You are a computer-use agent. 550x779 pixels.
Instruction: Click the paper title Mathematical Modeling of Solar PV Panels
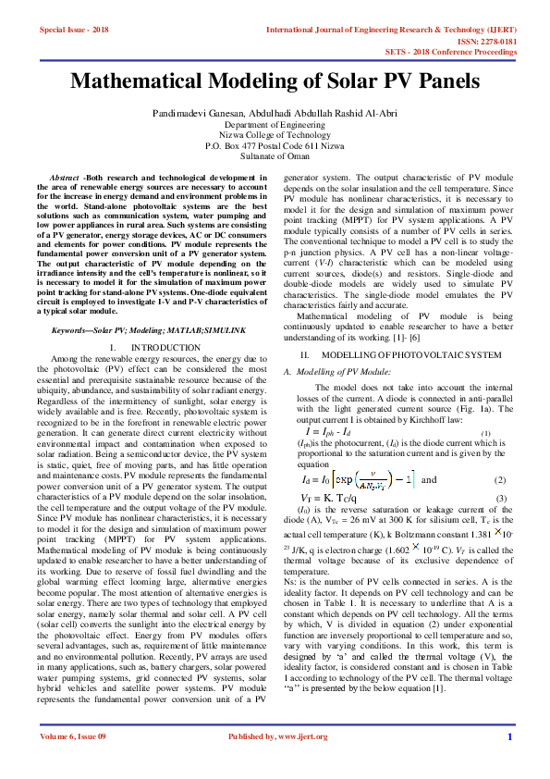pyautogui.click(x=275, y=80)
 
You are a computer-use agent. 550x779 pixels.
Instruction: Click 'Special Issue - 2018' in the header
pyautogui.click(x=74, y=31)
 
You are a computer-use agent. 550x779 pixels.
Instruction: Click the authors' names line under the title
pyautogui.click(x=275, y=112)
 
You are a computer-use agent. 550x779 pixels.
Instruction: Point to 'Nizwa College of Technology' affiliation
pyautogui.click(x=275, y=134)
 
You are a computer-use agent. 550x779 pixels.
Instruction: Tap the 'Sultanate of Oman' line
pyautogui.click(x=275, y=156)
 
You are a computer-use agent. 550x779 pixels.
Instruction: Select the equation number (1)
pyautogui.click(x=485, y=434)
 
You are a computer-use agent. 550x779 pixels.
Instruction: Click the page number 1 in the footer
pyautogui.click(x=509, y=761)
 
